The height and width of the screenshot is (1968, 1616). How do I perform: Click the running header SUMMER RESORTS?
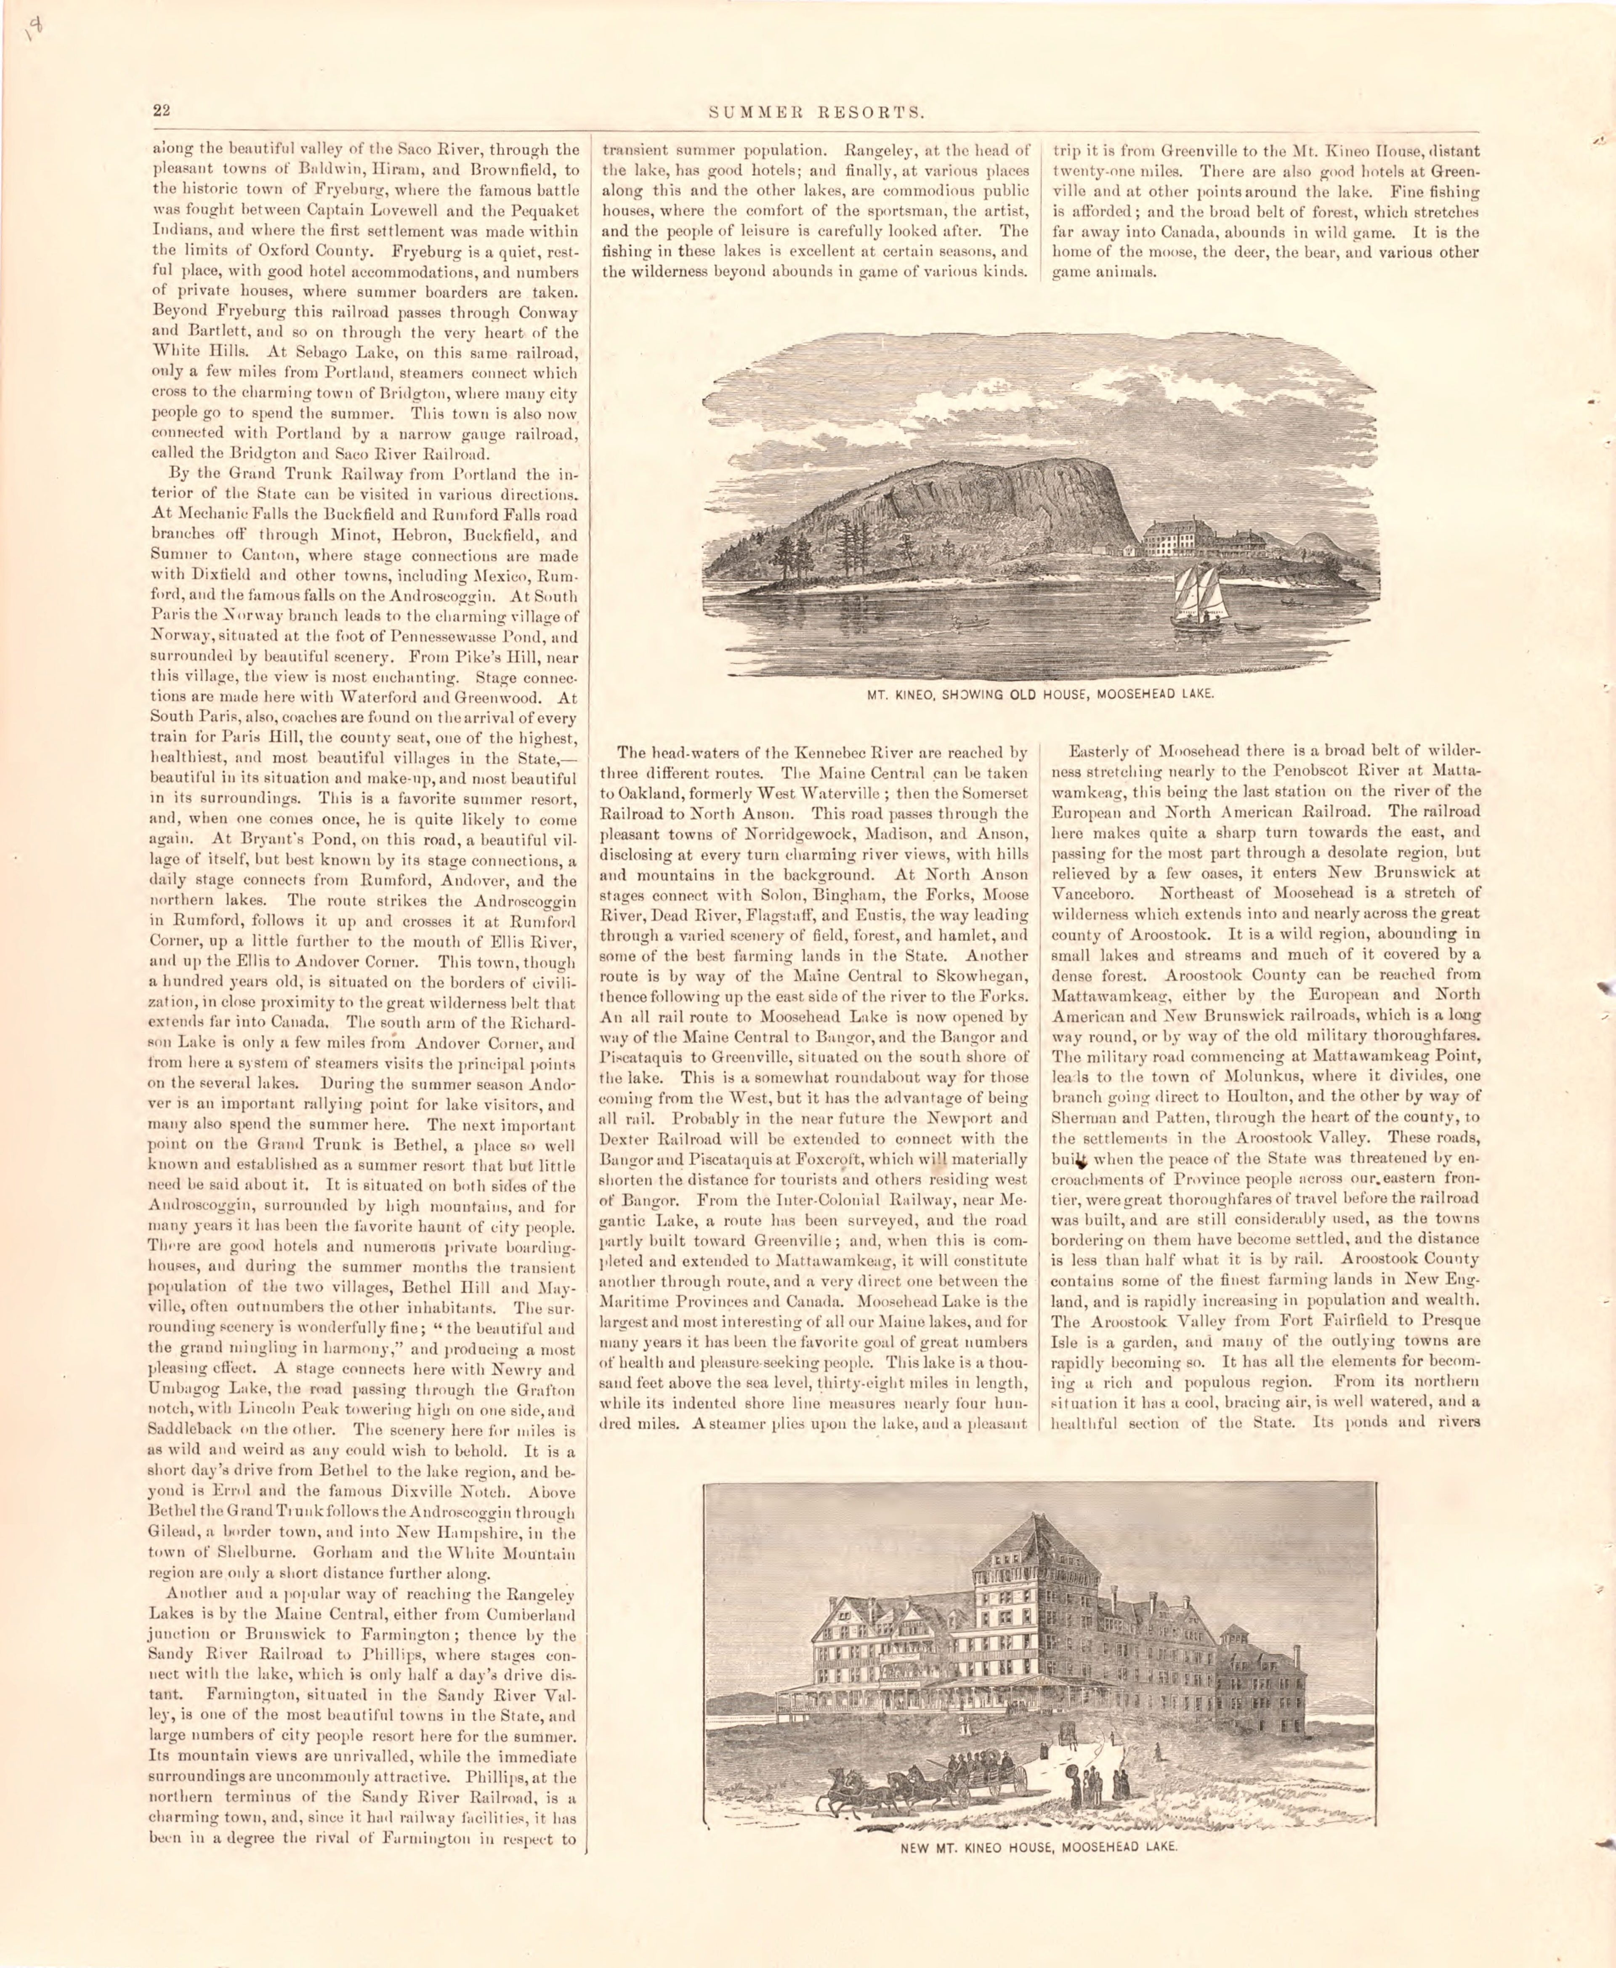[816, 113]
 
